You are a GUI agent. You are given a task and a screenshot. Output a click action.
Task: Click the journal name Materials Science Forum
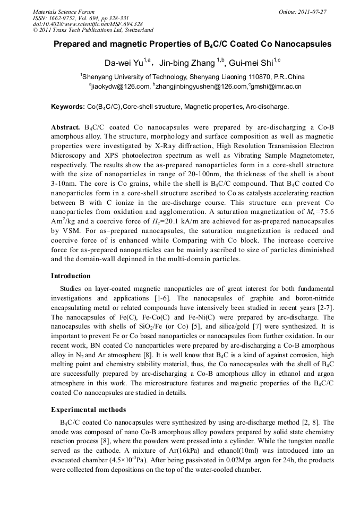[x=64, y=12]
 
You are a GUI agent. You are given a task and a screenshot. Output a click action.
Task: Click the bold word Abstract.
[x=66, y=128]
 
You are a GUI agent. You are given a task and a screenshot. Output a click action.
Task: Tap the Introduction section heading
[x=71, y=276]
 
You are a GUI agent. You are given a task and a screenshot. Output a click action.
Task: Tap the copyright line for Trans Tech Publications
[x=93, y=30]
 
